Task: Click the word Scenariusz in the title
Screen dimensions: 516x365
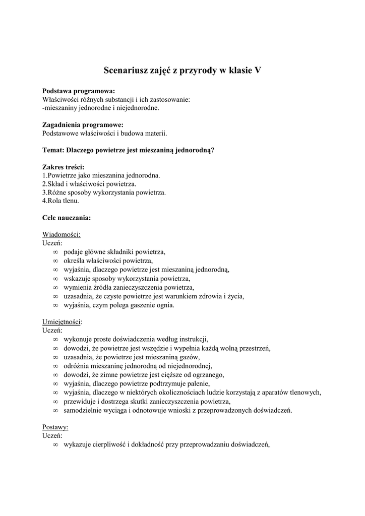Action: click(x=127, y=71)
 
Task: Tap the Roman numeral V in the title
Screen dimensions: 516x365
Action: click(x=258, y=71)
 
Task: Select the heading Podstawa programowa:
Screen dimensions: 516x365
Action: click(x=79, y=91)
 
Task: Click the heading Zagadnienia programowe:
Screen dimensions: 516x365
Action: click(x=83, y=125)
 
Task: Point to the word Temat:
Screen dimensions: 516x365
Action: click(x=54, y=150)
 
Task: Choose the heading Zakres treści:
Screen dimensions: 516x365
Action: click(x=64, y=167)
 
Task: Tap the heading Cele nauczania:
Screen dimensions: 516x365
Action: click(x=67, y=218)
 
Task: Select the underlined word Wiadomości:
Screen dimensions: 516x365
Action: click(x=62, y=234)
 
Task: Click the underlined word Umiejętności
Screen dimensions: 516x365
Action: click(x=62, y=322)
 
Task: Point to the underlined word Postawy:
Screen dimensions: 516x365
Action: click(x=55, y=426)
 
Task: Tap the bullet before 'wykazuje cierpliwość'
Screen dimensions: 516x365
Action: click(x=55, y=444)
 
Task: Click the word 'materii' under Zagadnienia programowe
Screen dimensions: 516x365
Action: click(x=155, y=134)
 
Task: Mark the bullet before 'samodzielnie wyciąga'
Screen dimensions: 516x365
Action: click(x=55, y=410)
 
